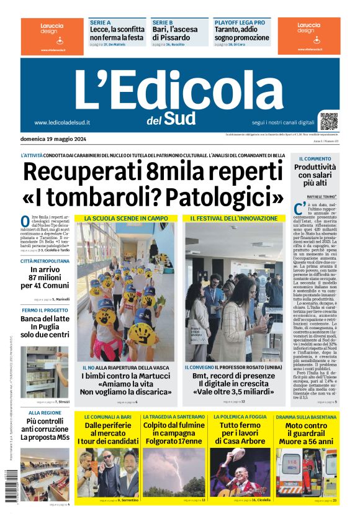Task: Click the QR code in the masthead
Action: pyautogui.click(x=328, y=121)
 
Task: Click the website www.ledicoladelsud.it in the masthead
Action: pyautogui.click(x=62, y=122)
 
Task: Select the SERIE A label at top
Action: pyautogui.click(x=101, y=22)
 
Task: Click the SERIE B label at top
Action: pyautogui.click(x=163, y=22)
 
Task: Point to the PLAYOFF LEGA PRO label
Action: pyautogui.click(x=239, y=22)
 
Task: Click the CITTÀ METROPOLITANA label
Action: pyautogui.click(x=45, y=261)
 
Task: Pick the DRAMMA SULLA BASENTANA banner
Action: pyautogui.click(x=307, y=416)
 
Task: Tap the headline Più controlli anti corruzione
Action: pyautogui.click(x=45, y=429)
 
